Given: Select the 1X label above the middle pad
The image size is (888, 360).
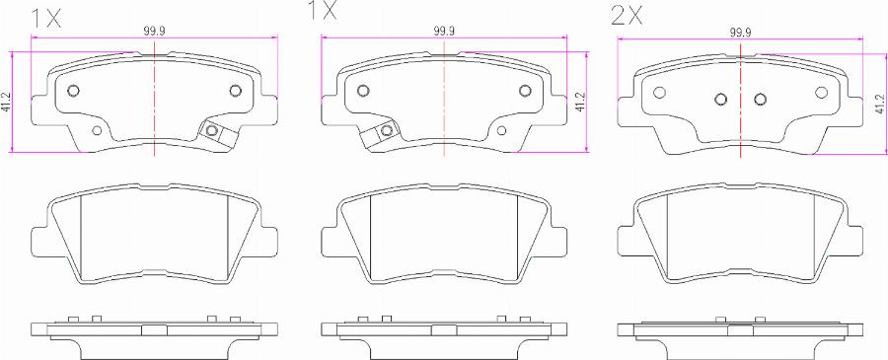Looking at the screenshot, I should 324,12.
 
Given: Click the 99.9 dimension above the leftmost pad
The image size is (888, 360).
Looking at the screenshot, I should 154,32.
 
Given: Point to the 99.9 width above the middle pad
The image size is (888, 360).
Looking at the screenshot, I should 444,32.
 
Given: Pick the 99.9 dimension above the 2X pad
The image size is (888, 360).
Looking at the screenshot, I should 740,32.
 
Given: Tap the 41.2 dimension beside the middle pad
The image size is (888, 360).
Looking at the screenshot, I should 581,101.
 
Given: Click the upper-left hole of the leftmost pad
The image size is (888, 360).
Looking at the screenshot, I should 72,92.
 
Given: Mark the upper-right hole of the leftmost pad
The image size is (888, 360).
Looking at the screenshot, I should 236,92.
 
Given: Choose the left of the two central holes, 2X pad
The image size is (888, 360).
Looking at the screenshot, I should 720,99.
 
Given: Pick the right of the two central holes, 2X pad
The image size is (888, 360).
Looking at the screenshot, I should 760,99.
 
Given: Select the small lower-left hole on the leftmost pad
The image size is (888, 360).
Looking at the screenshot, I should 97,130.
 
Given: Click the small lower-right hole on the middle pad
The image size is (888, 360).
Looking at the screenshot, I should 505,130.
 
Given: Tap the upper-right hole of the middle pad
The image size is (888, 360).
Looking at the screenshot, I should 526,92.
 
